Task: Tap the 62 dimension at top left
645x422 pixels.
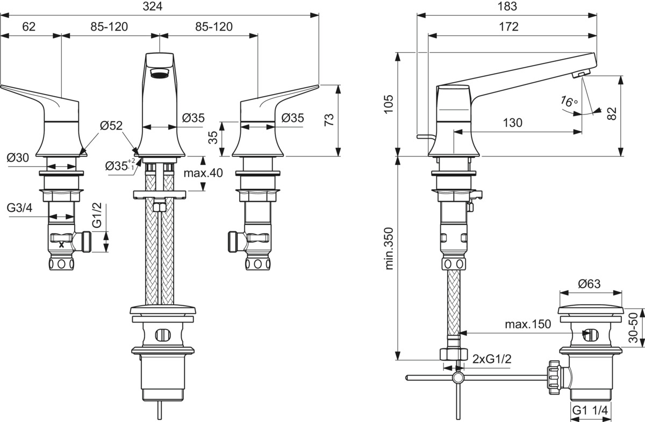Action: click(x=29, y=26)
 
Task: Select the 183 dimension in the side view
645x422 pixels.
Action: click(x=507, y=6)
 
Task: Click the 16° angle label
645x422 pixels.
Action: click(x=569, y=101)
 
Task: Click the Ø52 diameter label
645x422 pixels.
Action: click(x=111, y=126)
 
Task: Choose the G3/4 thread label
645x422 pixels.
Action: click(x=20, y=208)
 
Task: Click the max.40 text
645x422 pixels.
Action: click(x=203, y=173)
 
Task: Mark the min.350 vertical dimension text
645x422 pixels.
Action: click(x=389, y=248)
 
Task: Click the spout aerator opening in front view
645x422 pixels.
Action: click(x=160, y=75)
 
